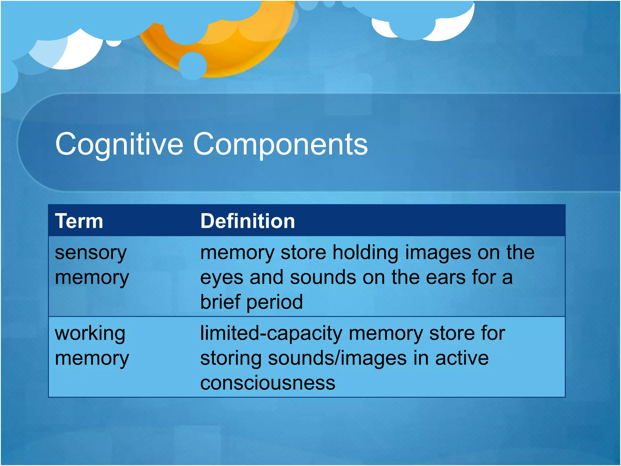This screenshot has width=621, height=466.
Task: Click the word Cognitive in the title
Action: point(119,144)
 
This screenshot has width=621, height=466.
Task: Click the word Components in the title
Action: point(280,144)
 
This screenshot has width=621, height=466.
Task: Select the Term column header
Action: point(79,221)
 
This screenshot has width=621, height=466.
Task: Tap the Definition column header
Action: point(247,221)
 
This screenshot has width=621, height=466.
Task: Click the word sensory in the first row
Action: point(90,253)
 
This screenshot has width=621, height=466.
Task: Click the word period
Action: point(275,302)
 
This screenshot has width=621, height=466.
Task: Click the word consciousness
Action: point(268,383)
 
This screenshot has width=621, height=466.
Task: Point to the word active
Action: point(462,358)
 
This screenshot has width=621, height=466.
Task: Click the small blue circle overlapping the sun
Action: point(193,66)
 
